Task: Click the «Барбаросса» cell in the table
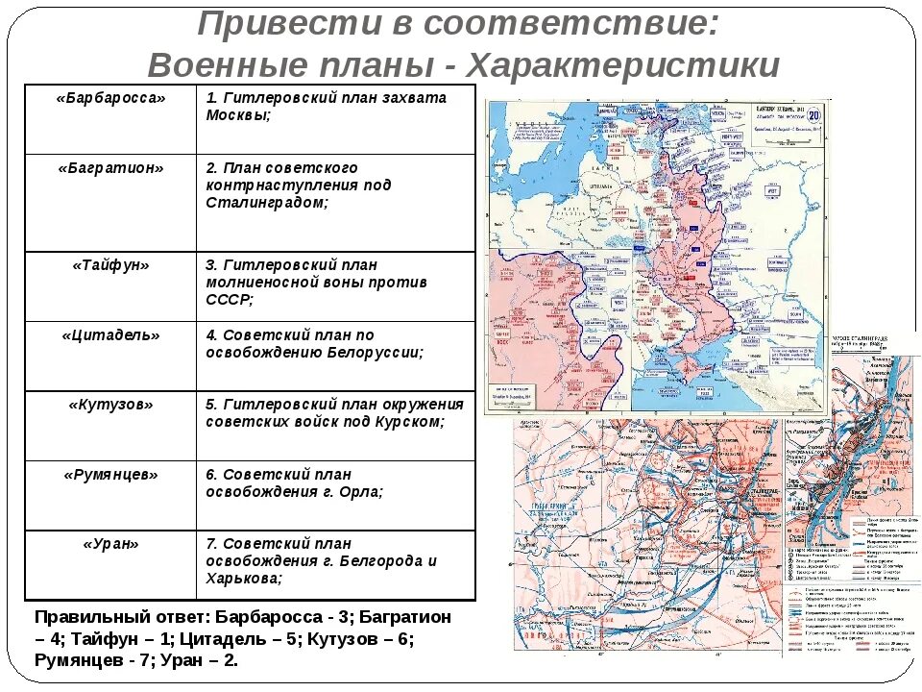pos(110,99)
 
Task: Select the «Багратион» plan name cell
pos(110,168)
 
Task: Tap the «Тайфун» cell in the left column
pos(110,265)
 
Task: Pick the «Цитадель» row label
pos(110,335)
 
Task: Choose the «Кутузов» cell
pos(110,405)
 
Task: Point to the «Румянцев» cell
pos(110,475)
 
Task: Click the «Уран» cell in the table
pos(110,544)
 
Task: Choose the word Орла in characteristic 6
pos(360,491)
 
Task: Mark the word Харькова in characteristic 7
pos(243,579)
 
